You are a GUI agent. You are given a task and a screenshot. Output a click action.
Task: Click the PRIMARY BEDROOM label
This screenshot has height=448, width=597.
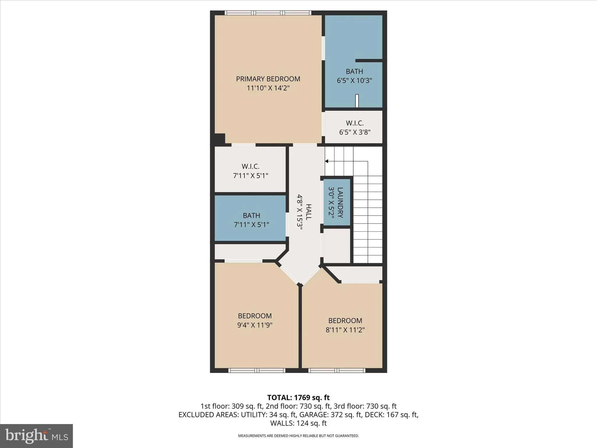pos(268,79)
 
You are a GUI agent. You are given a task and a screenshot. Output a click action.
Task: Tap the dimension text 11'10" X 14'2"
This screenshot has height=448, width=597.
pos(268,88)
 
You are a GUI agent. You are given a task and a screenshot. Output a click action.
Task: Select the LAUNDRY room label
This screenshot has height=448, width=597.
pos(340,202)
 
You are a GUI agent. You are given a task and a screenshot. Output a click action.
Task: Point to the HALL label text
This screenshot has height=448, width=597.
pos(308,212)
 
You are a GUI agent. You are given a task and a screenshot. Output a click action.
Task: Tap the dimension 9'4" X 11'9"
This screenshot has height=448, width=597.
pos(254,325)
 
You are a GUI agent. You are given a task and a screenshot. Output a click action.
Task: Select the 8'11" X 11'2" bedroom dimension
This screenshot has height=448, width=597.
pos(345,330)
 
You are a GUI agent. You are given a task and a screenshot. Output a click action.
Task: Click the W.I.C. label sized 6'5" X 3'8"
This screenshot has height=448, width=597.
pos(354,123)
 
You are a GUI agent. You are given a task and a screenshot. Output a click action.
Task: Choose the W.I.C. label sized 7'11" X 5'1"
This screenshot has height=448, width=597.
pos(250,167)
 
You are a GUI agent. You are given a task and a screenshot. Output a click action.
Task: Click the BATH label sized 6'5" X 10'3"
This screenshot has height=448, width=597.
pos(354,71)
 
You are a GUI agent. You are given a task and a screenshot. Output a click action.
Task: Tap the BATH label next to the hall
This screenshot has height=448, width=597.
pos(251,216)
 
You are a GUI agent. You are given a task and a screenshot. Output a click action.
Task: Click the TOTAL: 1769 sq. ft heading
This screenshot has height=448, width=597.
pos(298,398)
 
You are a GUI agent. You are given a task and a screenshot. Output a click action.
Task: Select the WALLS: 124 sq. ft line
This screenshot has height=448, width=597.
pos(298,423)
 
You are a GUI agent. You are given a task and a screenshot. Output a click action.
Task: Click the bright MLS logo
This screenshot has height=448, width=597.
pos(36,436)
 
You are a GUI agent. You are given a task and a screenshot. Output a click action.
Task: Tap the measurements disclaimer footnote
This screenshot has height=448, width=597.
pos(298,436)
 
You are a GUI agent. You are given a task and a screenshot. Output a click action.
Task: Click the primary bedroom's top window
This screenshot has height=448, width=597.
pos(268,13)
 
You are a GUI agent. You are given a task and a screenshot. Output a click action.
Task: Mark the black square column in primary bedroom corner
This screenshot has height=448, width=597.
pos(220,139)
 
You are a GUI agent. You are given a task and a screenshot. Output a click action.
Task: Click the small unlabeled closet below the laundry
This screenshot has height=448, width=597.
pos(337,246)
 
